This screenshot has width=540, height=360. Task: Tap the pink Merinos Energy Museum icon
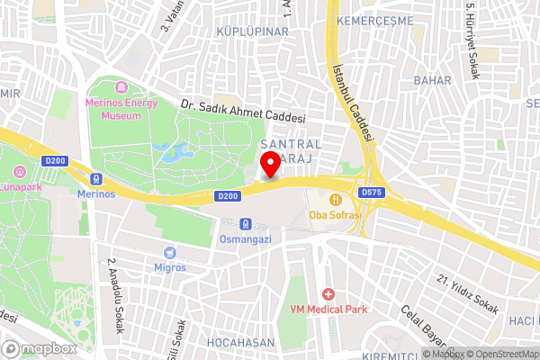tap(120, 87)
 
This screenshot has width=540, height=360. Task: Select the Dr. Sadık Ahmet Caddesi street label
tap(243, 111)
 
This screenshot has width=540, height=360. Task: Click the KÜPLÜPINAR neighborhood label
tap(252, 31)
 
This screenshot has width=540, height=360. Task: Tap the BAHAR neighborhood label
tap(432, 80)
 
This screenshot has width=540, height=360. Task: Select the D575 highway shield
tap(370, 193)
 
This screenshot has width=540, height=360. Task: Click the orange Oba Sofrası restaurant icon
tap(335, 199)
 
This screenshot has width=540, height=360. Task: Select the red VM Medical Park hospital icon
tap(328, 294)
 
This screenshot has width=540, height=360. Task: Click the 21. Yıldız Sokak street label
tap(468, 293)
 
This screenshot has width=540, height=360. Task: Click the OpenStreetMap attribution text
tap(500, 354)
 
